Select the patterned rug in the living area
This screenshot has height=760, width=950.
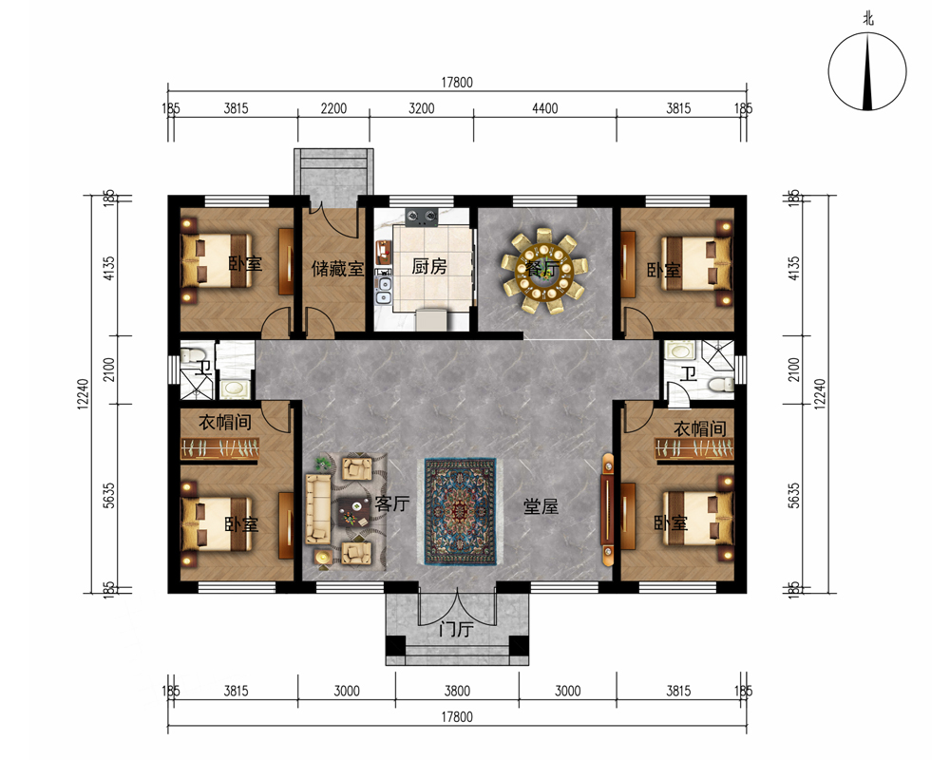(x=461, y=511)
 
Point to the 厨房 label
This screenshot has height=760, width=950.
(x=429, y=266)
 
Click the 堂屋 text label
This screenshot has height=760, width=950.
(x=541, y=506)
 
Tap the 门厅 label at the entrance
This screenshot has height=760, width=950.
(x=456, y=630)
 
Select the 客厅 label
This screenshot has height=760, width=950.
(x=392, y=503)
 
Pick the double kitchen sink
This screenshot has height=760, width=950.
(x=384, y=291)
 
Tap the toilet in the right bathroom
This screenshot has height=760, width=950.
(x=721, y=385)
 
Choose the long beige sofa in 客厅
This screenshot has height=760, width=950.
(x=318, y=508)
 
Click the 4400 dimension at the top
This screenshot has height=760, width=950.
(x=544, y=108)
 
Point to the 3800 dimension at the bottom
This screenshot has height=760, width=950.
(x=457, y=691)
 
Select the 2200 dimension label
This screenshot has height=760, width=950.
(x=333, y=108)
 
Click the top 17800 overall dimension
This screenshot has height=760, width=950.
(x=456, y=83)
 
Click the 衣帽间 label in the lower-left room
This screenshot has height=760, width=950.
(x=225, y=422)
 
